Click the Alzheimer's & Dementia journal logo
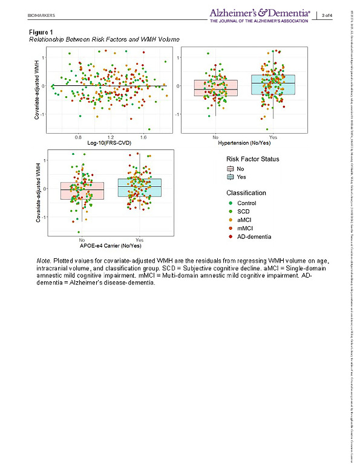coord(261,15)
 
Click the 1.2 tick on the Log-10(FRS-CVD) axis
coord(110,137)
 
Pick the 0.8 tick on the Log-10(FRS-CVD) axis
coord(78,137)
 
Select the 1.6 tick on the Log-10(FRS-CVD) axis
coord(143,137)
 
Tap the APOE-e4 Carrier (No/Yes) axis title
coord(110,246)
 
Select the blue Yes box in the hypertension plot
coord(273,85)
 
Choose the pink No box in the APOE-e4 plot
coord(82,191)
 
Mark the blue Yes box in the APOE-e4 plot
coord(140,188)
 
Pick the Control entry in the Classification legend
coord(246,203)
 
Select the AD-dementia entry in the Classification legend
coord(253,236)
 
